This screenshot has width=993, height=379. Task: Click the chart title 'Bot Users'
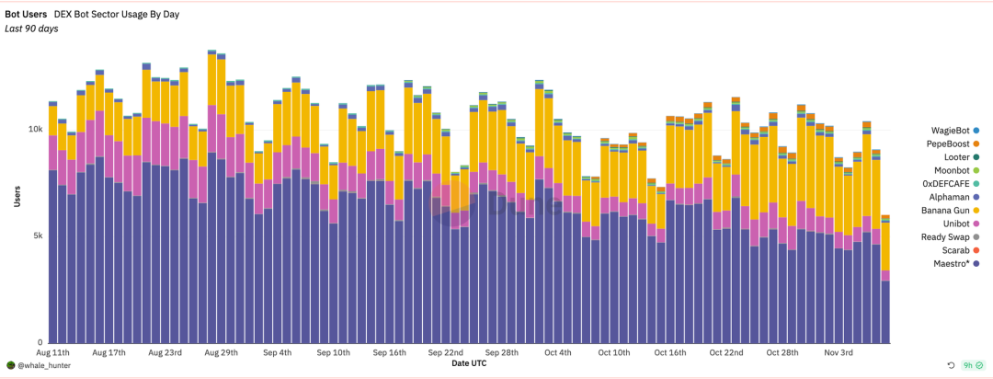tap(26, 15)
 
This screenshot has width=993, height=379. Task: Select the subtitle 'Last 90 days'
tap(31, 29)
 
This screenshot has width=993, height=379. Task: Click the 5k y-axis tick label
tap(36, 235)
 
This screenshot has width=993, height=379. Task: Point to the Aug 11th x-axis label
tap(53, 352)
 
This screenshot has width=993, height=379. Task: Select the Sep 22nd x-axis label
tap(447, 352)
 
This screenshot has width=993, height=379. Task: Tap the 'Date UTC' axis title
tap(469, 364)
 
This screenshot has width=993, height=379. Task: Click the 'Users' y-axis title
tap(17, 195)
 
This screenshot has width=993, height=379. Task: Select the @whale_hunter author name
tap(44, 365)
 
